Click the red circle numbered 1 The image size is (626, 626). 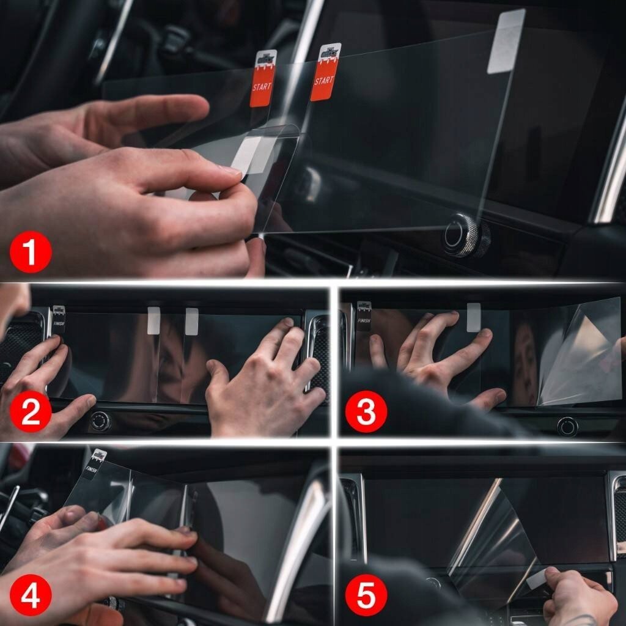click(x=30, y=251)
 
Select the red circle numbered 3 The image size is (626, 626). click(x=366, y=413)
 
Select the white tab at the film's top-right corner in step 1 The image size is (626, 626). click(x=506, y=42)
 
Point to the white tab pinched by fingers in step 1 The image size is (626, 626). click(x=248, y=153)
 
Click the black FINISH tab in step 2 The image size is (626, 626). click(x=59, y=320)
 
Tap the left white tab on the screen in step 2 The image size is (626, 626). click(x=153, y=320)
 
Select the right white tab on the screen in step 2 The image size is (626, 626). click(x=191, y=321)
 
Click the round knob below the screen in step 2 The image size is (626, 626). click(x=100, y=421)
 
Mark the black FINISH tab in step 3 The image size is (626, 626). click(x=364, y=316)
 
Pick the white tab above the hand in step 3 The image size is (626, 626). click(x=473, y=317)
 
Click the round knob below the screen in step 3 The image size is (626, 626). click(x=567, y=426)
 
